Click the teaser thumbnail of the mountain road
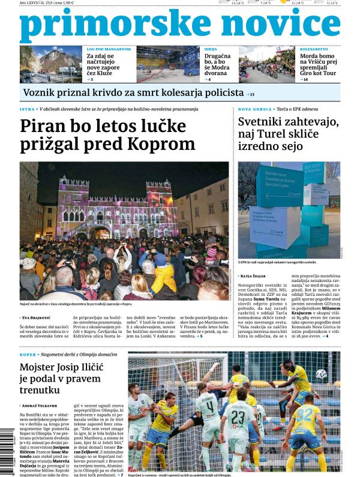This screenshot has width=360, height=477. click(51, 64)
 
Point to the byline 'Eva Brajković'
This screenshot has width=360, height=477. click(38, 317)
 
